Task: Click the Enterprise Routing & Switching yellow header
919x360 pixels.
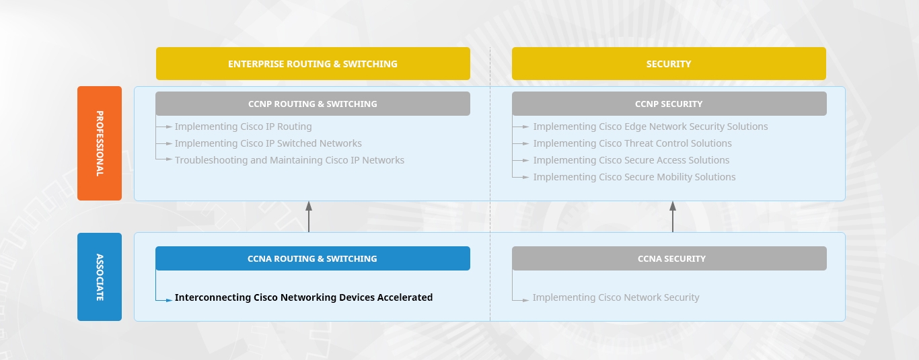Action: tap(313, 64)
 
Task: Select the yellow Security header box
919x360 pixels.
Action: tap(669, 64)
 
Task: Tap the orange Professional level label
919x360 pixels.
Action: tap(100, 143)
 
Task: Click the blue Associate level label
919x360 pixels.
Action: tap(100, 277)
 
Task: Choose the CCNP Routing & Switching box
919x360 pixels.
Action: tap(313, 104)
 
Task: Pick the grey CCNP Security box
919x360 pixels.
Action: tap(669, 104)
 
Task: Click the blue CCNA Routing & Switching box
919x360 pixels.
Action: tap(313, 258)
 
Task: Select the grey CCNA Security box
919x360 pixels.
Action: tap(669, 258)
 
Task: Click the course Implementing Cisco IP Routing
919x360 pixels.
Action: tap(244, 127)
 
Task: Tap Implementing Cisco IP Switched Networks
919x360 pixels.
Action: tap(268, 144)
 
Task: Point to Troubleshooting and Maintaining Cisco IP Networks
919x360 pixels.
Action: tap(290, 161)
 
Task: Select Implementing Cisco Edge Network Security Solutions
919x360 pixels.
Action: tap(651, 127)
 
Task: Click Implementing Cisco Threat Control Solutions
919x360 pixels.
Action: tap(632, 144)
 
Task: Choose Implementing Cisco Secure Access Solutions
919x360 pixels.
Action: tap(631, 161)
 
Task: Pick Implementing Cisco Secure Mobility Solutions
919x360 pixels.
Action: tap(634, 178)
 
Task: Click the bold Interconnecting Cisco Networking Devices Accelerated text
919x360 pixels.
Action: tap(303, 297)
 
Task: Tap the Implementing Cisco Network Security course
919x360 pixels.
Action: tap(616, 297)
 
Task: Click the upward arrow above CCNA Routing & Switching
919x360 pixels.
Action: tap(309, 217)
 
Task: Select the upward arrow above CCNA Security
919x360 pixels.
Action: tap(673, 217)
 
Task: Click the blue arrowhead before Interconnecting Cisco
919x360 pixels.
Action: tap(169, 301)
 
